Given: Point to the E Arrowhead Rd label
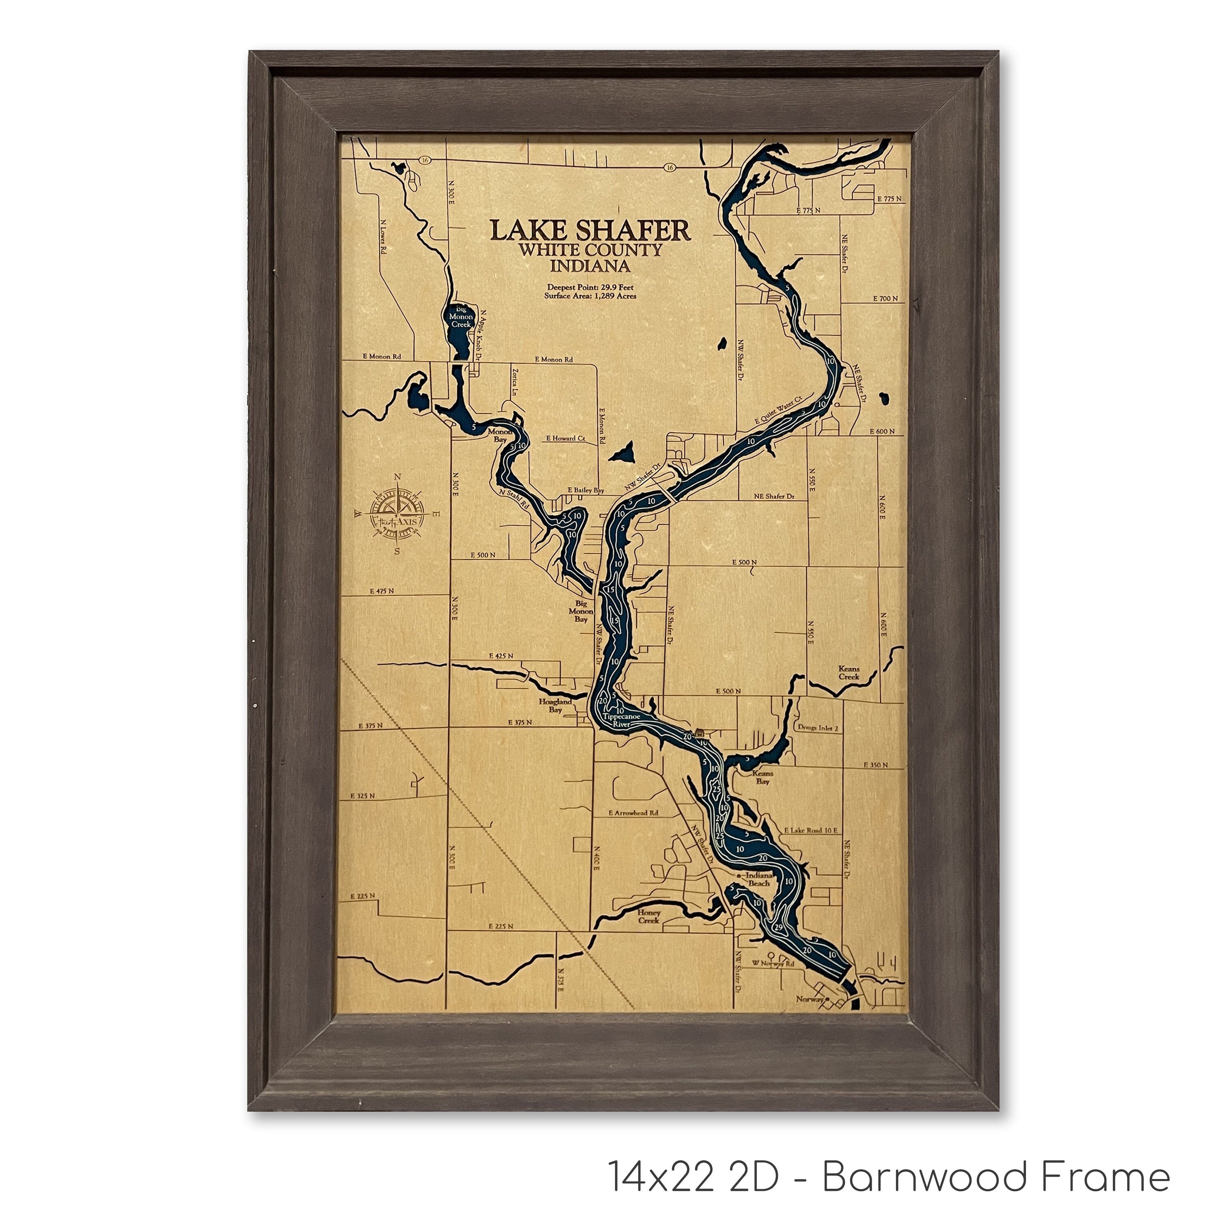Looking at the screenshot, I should click(634, 813).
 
